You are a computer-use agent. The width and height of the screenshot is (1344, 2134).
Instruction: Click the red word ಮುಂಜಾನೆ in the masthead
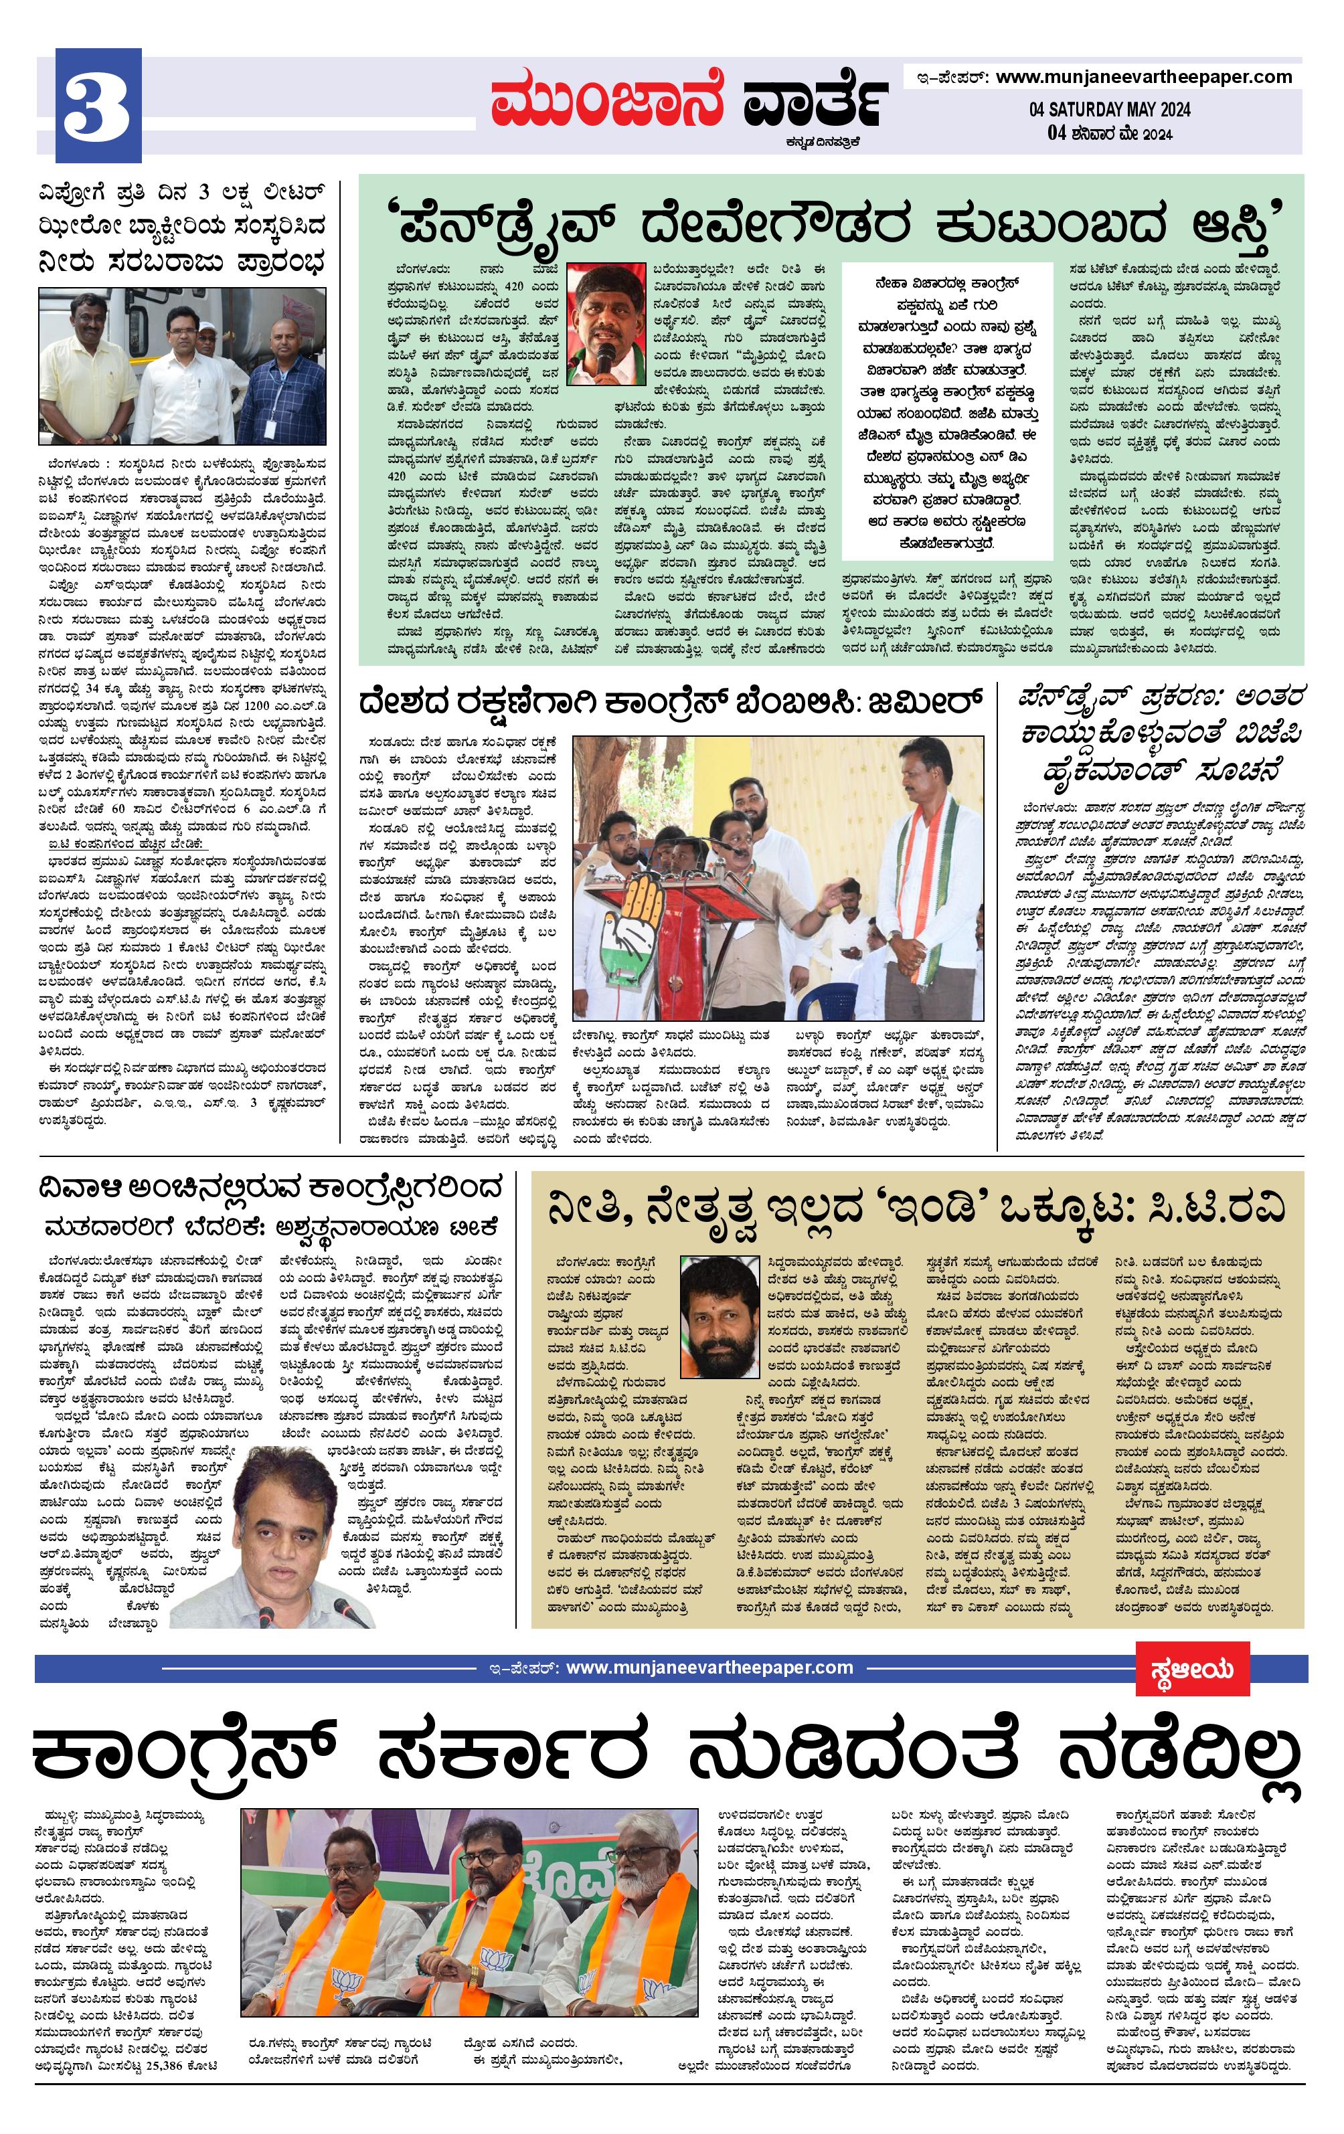point(606,101)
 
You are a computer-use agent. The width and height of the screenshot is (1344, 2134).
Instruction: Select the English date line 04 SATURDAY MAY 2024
point(1109,110)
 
